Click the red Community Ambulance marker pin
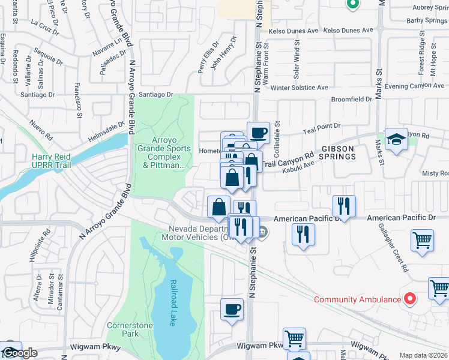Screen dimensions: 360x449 [x=411, y=298]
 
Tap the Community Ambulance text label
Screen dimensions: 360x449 [x=358, y=299]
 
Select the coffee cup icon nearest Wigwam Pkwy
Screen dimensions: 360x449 [x=232, y=310]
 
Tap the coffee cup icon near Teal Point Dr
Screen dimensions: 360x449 [x=258, y=133]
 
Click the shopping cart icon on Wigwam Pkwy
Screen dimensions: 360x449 [x=294, y=339]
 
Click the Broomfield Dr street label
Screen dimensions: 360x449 [x=351, y=99]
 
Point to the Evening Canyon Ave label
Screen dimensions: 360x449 [x=417, y=86]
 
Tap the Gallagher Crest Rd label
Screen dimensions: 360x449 [x=394, y=247]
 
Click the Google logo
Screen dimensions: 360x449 [x=19, y=353]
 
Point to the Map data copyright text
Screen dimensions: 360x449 [x=424, y=355]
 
